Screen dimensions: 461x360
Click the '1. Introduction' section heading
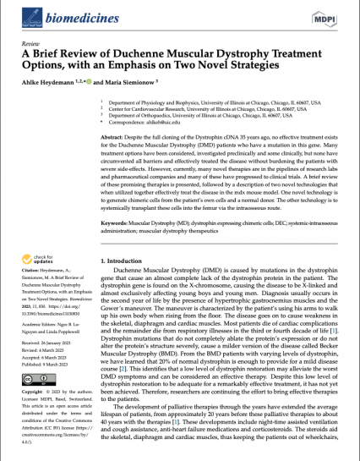click(124, 263)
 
